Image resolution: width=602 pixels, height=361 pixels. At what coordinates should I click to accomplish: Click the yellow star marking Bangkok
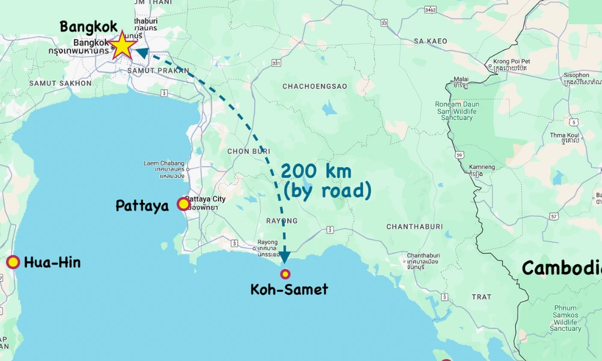tap(123, 45)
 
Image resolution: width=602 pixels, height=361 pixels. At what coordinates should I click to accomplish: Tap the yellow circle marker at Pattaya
tap(184, 204)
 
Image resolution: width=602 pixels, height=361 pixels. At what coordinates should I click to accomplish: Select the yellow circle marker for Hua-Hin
tap(13, 262)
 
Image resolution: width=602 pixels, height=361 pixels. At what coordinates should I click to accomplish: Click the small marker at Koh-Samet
tap(285, 274)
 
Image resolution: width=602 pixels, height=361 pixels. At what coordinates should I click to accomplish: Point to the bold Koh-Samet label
tap(289, 289)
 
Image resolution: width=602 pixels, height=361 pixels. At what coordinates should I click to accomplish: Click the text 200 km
tap(315, 171)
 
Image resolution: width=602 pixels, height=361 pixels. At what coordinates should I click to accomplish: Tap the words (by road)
tap(327, 191)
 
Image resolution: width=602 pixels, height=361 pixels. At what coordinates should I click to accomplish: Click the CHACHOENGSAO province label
tap(315, 87)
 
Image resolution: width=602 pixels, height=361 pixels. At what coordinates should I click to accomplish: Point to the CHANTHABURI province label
tap(414, 227)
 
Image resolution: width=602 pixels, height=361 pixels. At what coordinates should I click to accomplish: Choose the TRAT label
tap(482, 297)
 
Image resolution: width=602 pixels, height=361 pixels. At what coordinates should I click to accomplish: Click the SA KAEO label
tap(430, 42)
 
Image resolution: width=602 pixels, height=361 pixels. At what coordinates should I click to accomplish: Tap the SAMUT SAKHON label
tap(60, 83)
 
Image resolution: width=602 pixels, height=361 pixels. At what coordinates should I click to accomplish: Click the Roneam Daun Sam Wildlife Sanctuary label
tap(456, 111)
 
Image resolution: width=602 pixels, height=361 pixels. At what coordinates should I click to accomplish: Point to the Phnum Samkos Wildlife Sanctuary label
tap(566, 318)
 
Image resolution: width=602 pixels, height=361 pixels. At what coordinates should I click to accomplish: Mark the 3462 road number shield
tap(430, 10)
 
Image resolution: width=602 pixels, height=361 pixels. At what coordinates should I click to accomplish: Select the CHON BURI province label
tap(246, 151)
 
